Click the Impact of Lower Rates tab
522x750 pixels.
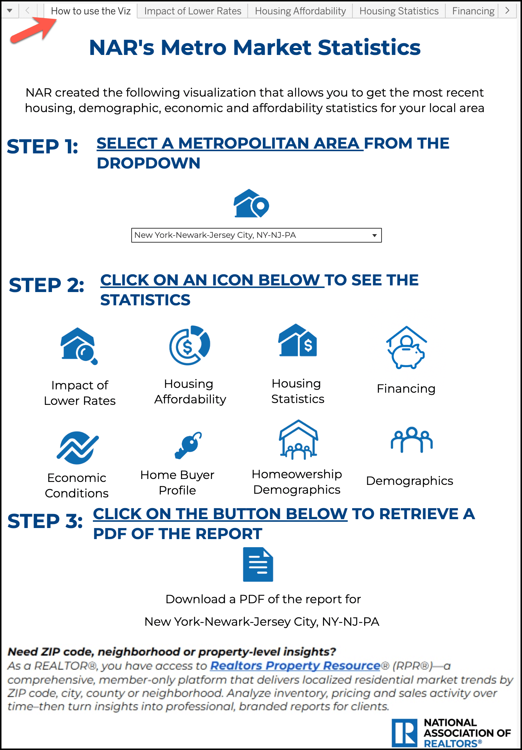tap(192, 11)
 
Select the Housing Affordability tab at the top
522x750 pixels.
tap(300, 11)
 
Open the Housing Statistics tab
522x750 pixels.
tap(399, 11)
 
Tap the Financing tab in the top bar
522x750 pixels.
tap(473, 11)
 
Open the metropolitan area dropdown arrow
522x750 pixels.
tap(374, 235)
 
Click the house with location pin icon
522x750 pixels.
tap(251, 204)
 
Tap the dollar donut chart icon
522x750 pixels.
tap(189, 345)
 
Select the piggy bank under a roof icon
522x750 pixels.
tap(406, 348)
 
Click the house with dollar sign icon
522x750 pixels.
tap(297, 341)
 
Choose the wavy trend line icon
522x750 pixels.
tap(77, 448)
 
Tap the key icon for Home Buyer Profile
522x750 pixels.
tap(188, 445)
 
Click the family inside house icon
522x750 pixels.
tap(298, 440)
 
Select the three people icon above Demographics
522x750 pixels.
tap(411, 440)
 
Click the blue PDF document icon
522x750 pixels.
tap(258, 565)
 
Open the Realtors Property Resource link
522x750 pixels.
tap(295, 666)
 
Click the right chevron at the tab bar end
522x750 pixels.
tap(507, 11)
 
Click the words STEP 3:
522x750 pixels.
tap(45, 521)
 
